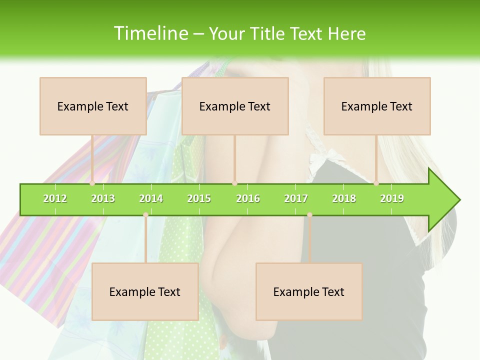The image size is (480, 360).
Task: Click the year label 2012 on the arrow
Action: coord(55,198)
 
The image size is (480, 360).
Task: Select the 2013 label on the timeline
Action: coord(103,198)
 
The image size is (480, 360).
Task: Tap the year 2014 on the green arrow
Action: coord(151,198)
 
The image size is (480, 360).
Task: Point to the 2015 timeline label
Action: coord(199,198)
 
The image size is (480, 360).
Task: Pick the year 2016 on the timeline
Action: coord(248,198)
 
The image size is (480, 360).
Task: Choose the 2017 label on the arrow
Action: coord(296,198)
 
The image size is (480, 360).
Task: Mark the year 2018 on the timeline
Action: coord(344,198)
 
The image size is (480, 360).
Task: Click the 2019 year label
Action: coord(392,198)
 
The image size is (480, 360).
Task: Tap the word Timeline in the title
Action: coord(151,33)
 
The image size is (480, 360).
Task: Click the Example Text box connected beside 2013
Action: coord(93,106)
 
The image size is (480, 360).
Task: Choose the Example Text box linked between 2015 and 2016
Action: coord(235,106)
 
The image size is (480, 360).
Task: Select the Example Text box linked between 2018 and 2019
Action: coord(377,106)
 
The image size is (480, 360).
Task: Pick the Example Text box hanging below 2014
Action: coord(145,291)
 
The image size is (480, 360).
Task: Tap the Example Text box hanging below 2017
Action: coord(309,291)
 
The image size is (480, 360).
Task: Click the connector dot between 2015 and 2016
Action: coord(234,183)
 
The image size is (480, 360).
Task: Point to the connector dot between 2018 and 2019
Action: coord(376,183)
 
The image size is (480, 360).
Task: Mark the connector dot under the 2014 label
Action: coord(145,215)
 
